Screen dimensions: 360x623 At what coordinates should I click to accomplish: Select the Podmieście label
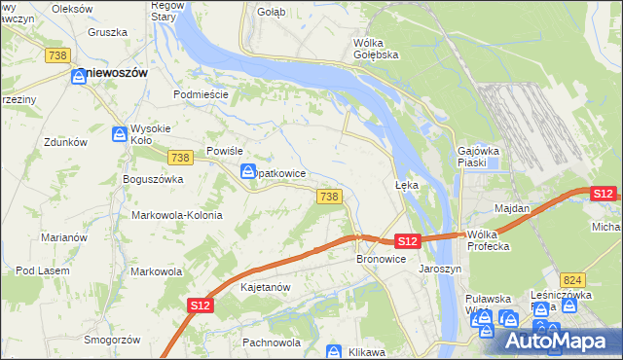pos(200,94)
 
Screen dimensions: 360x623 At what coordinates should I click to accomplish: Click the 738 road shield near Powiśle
pos(179,158)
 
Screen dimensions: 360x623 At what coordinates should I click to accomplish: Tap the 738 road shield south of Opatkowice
pos(329,197)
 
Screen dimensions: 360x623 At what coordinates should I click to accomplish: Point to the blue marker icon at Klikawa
pos(334,351)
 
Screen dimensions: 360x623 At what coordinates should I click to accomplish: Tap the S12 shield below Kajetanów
pos(200,306)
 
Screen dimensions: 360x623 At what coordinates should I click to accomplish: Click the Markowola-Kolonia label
pos(177,215)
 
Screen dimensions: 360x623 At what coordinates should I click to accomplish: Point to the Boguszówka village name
pos(153,179)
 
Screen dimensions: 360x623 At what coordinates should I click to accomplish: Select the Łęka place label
pos(406,184)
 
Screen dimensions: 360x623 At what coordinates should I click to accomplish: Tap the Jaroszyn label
pos(437,268)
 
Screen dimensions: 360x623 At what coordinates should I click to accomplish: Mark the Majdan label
pos(512,208)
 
